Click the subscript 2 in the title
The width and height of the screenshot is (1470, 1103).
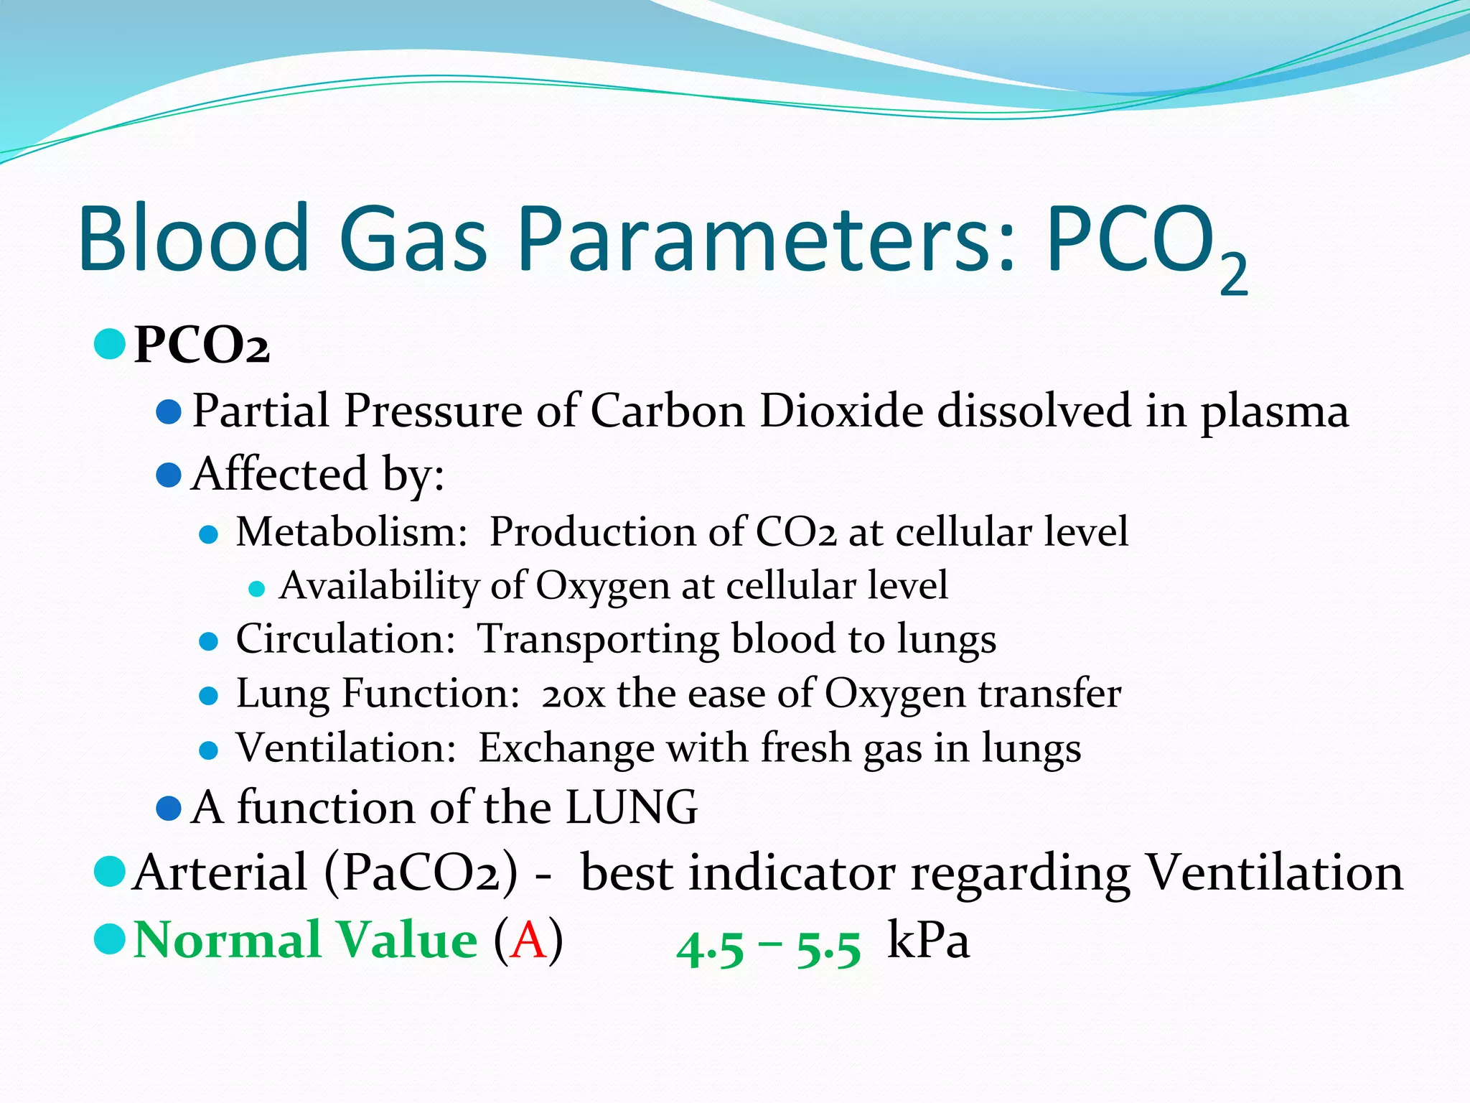tap(1234, 274)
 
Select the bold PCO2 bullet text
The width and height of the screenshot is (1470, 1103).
tap(202, 345)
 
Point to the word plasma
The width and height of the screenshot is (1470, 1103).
tap(1275, 413)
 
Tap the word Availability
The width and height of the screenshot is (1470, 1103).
tap(379, 585)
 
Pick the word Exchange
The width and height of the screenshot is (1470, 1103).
tap(566, 749)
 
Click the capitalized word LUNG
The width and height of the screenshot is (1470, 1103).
tap(632, 807)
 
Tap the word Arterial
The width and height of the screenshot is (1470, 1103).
tap(220, 873)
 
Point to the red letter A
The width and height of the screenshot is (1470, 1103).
tap(528, 941)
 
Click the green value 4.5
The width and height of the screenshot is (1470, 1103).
tap(710, 949)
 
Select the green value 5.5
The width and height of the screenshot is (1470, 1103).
tap(828, 949)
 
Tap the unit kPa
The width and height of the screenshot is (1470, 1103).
tap(928, 940)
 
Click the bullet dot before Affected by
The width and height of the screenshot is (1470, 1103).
tap(168, 475)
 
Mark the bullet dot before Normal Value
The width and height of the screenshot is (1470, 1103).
tap(110, 939)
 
